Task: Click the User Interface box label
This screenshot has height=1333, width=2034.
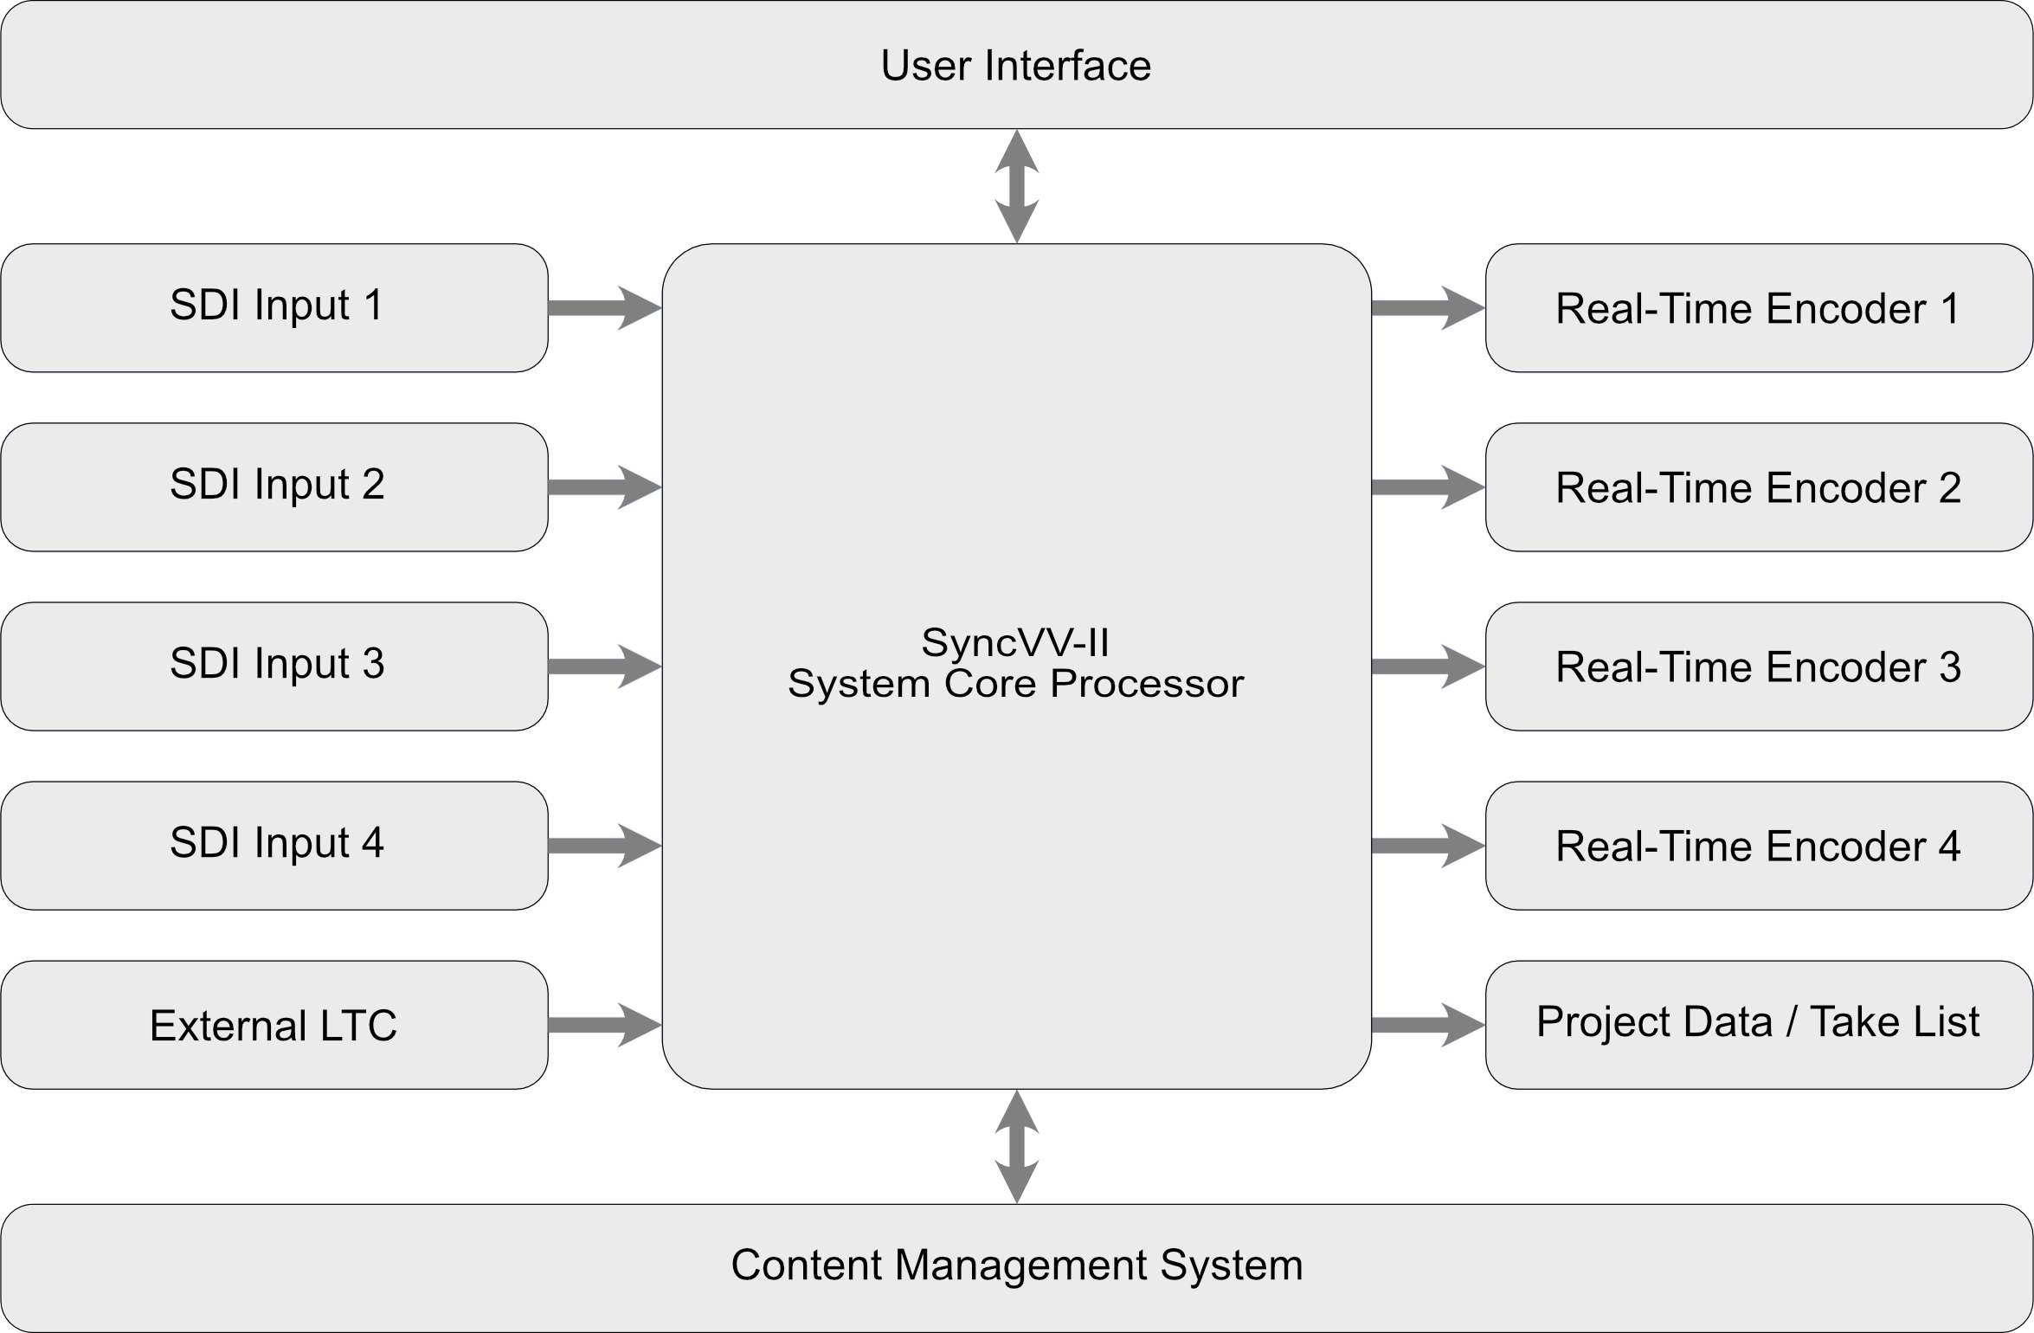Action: tap(1015, 66)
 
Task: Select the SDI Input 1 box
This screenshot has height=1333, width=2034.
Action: tap(275, 307)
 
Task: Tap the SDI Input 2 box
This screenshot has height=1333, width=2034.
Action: tap(275, 486)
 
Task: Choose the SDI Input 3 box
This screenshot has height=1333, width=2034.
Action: tap(275, 666)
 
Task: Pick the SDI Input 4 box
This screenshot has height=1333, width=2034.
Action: tap(275, 845)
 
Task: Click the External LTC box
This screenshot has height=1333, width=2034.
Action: tap(275, 1024)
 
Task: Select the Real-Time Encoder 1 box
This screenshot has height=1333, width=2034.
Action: tap(1757, 308)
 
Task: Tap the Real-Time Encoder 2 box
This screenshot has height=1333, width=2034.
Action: tap(1757, 487)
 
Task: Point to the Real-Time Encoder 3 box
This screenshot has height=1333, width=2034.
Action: tap(1757, 666)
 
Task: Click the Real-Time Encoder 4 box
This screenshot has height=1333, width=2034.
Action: tap(1757, 846)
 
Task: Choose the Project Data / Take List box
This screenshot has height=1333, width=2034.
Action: tap(1757, 1023)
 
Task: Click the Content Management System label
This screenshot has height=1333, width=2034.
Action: tap(1016, 1265)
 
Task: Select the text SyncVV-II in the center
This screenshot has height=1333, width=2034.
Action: tap(1014, 642)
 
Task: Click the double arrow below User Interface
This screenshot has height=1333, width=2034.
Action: tap(1017, 186)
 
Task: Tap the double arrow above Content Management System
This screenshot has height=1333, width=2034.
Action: tap(1017, 1146)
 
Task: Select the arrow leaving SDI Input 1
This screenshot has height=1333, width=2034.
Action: tap(605, 308)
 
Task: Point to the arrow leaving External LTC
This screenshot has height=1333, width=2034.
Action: tap(605, 1025)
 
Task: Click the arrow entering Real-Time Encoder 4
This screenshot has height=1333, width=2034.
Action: tap(1428, 846)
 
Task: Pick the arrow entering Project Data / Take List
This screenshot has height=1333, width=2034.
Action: tap(1428, 1025)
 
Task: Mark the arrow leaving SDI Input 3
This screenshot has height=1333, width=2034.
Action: tap(605, 666)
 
